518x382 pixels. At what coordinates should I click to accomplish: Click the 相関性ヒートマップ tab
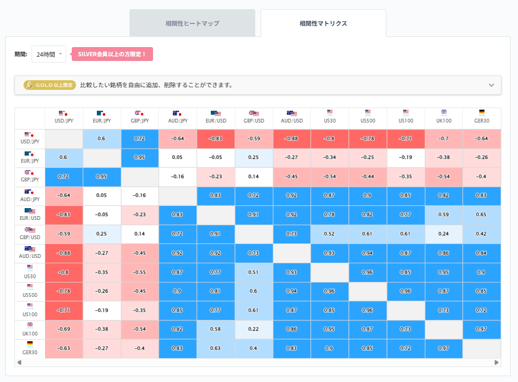[192, 24]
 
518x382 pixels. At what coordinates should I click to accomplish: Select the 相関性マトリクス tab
[323, 24]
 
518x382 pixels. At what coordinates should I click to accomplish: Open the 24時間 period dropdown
[49, 54]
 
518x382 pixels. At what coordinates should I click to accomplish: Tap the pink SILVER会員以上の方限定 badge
[112, 54]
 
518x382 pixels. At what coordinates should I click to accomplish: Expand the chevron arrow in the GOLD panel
[492, 85]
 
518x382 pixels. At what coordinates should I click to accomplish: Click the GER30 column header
[482, 118]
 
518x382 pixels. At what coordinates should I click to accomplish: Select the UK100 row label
[30, 330]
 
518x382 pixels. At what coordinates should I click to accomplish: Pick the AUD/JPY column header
[178, 118]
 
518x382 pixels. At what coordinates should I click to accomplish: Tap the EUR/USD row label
[30, 215]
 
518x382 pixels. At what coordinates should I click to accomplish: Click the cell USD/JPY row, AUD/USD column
[292, 139]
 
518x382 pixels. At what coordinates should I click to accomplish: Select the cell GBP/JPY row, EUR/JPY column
[102, 177]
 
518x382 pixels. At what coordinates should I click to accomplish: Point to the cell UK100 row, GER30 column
[482, 330]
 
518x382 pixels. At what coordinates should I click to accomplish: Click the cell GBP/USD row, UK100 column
[444, 234]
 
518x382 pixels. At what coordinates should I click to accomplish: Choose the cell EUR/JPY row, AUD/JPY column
[178, 158]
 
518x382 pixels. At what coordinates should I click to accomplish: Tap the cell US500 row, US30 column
[330, 291]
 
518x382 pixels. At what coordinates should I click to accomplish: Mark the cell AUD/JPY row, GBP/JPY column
[140, 196]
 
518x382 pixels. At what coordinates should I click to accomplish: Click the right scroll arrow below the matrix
[497, 362]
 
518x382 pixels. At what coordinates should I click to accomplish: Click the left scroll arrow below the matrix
[19, 362]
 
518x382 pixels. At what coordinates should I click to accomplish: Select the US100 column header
[406, 118]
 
